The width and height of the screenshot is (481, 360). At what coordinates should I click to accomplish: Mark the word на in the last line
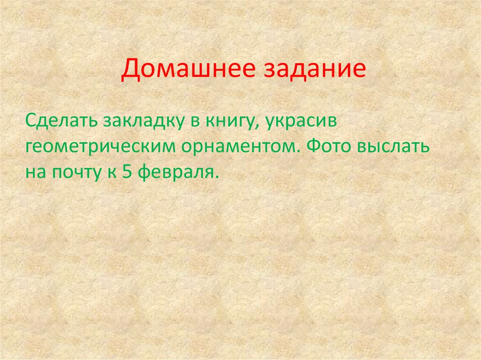(x=34, y=172)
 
